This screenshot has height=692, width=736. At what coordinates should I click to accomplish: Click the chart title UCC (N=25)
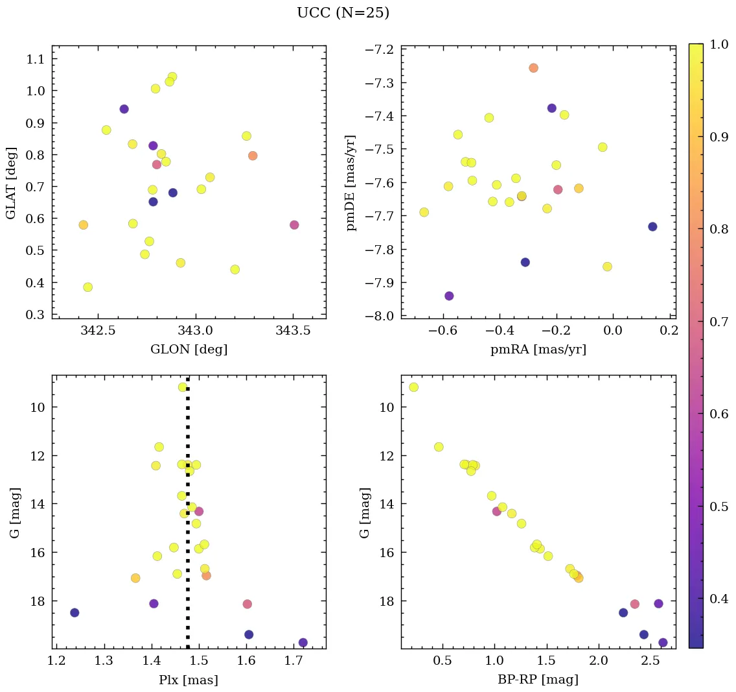pos(343,13)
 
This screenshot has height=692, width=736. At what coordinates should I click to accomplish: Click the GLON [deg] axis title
pos(189,350)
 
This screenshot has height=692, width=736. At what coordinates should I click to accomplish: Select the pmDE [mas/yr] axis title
pos(351,183)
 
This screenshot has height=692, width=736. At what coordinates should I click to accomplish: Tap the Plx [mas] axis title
pos(189,680)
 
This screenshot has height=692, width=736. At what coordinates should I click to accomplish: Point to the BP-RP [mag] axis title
pos(538,680)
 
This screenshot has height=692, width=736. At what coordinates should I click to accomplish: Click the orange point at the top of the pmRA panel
pos(533,68)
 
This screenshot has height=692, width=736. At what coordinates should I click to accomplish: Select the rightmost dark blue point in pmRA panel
pos(652,226)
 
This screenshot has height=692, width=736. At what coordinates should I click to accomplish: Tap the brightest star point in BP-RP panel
pos(413,387)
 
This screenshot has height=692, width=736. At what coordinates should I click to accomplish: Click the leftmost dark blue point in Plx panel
pos(75,613)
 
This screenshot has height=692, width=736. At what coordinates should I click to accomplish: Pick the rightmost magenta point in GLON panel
pos(294,225)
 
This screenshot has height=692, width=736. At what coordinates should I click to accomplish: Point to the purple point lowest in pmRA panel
pos(449,296)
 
